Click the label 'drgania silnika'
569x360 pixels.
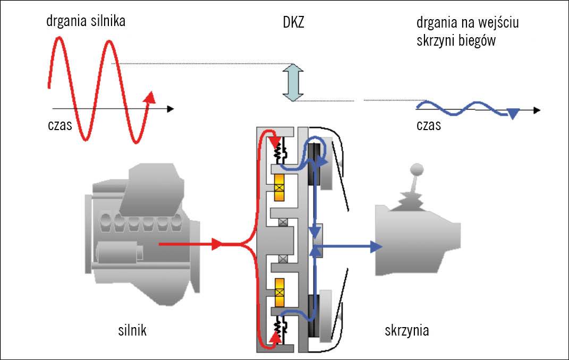[86, 21]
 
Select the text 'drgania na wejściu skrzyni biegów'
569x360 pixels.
[468, 32]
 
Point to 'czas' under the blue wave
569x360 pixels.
[429, 126]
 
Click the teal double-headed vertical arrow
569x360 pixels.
[292, 82]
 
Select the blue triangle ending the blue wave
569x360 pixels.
[513, 113]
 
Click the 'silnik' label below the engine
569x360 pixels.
[132, 331]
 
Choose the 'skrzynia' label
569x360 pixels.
[407, 331]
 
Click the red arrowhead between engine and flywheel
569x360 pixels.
[217, 245]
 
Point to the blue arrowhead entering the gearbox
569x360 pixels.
[376, 246]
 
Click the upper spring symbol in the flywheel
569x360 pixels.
[277, 153]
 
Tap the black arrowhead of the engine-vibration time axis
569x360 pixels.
[169, 109]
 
